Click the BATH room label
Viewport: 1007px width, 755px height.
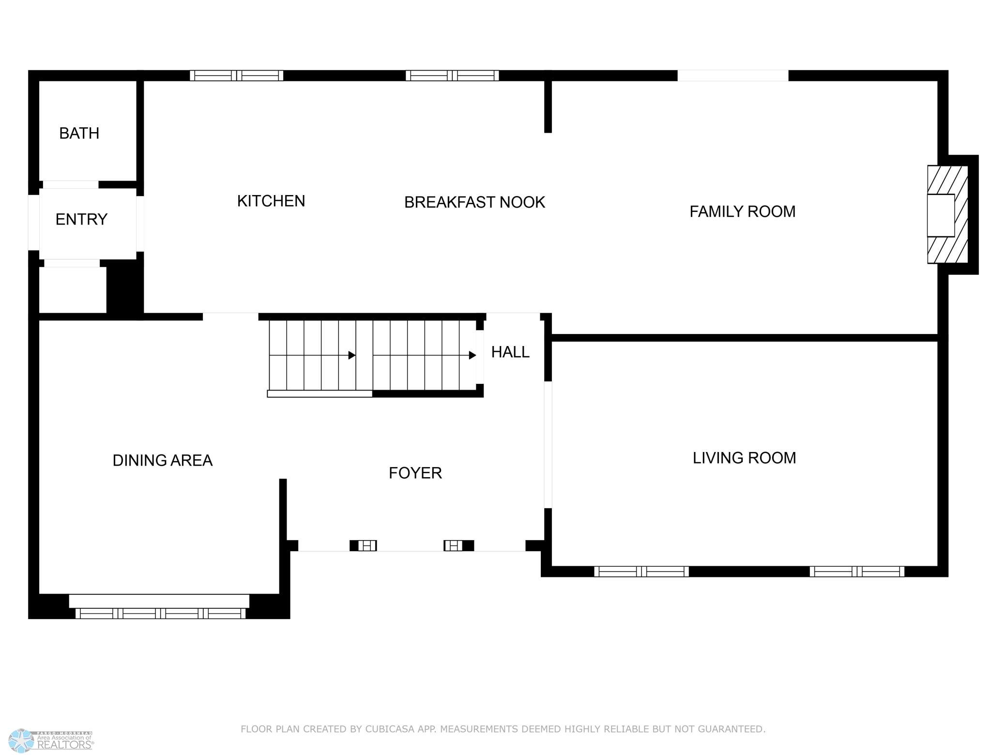[x=79, y=133]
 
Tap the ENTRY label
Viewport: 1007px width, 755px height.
[x=81, y=219]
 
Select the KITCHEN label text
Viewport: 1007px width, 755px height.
[x=271, y=201]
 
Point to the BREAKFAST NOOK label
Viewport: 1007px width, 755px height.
[x=474, y=202]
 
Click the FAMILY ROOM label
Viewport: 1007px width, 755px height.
[x=742, y=211]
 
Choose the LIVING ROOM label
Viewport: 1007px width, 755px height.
[x=744, y=458]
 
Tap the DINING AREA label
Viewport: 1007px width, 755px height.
[x=162, y=460]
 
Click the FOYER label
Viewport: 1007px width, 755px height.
[x=415, y=473]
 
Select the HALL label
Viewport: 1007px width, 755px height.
[x=510, y=352]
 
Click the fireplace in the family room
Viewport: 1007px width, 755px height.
[x=947, y=214]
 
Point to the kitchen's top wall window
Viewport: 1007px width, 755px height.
[x=236, y=75]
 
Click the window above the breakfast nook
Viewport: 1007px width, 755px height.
[x=452, y=75]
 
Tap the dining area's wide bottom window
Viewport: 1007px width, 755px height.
[x=160, y=613]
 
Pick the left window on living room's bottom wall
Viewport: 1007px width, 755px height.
[x=641, y=572]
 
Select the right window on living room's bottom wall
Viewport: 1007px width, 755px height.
[x=857, y=572]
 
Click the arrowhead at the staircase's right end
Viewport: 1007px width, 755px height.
[x=473, y=355]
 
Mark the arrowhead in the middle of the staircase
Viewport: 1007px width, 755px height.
[x=352, y=355]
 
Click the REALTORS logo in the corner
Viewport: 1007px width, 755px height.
[x=51, y=741]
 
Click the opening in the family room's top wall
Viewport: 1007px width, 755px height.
[x=732, y=75]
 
